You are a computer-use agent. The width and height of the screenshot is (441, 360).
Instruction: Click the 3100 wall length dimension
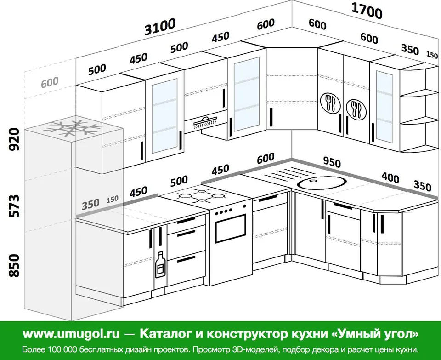tap(160, 27)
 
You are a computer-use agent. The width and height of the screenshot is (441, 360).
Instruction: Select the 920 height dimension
tap(14, 139)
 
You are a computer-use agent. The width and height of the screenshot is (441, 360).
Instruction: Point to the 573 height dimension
tap(14, 206)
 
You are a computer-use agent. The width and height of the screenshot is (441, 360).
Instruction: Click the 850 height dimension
tap(14, 265)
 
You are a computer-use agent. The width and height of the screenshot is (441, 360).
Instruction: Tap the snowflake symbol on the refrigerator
tap(73, 128)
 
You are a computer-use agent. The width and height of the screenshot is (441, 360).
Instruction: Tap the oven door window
tap(231, 228)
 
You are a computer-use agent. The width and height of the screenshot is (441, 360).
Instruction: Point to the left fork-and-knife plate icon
tap(330, 103)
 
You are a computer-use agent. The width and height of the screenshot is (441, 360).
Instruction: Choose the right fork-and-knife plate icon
tap(356, 109)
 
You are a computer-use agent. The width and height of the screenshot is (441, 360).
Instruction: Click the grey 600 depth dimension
tap(50, 82)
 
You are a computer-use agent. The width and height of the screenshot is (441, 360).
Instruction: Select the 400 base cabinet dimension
tap(390, 177)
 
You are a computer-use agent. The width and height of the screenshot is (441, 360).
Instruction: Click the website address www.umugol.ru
tap(71, 334)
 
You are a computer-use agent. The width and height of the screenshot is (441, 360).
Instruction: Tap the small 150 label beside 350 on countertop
tap(113, 199)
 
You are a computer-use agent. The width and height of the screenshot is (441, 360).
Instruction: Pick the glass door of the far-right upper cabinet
tap(384, 107)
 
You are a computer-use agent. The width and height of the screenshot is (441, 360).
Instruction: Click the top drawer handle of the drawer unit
tap(186, 220)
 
